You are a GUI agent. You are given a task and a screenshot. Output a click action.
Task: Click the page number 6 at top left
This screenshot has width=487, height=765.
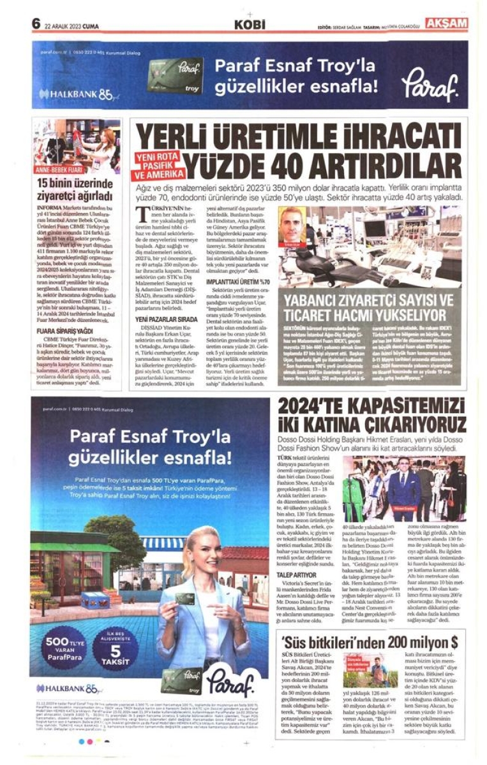pos(36,24)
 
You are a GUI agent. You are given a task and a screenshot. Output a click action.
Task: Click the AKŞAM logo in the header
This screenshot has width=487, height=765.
pos(447,24)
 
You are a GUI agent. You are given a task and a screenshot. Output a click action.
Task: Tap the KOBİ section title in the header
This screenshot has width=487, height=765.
pos(249,25)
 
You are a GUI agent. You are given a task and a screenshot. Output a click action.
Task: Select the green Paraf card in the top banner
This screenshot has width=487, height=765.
pos(175,76)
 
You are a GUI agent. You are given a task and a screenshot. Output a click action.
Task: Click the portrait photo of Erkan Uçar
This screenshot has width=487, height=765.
pos(292,225)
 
